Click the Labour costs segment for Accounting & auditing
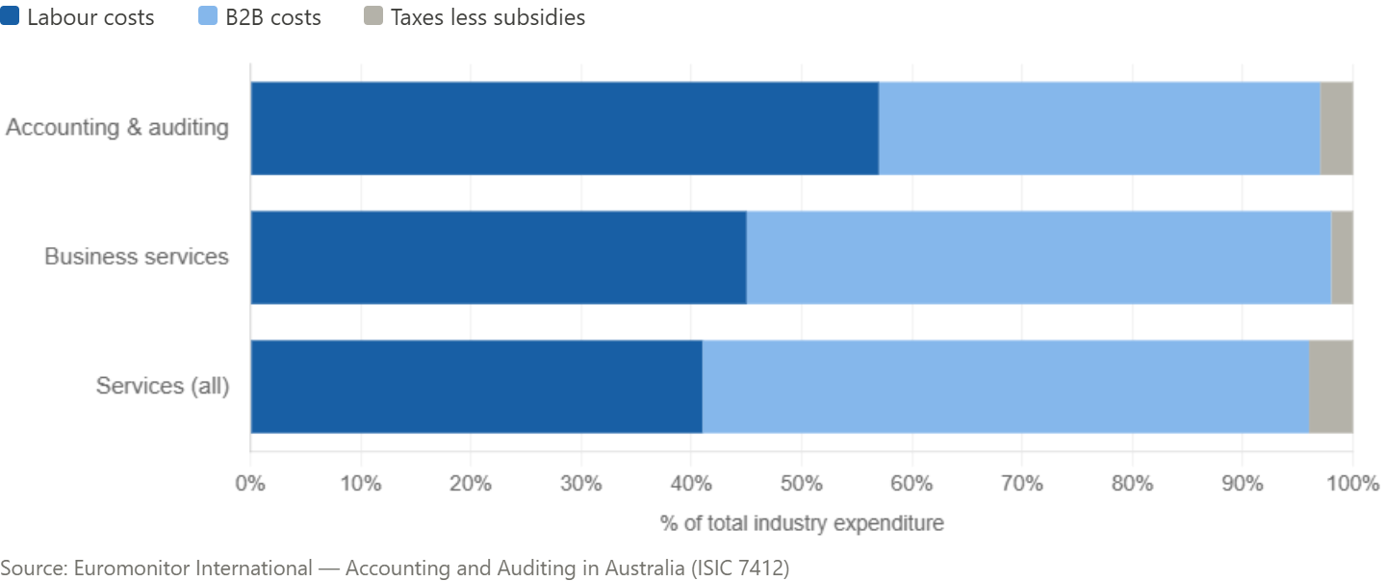coord(564,128)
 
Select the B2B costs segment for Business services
coord(1039,258)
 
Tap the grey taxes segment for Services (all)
coord(1330,387)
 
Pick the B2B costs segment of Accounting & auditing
coord(1099,128)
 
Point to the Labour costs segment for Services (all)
coord(475,387)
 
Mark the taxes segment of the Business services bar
coord(1342,258)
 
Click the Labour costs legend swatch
coord(11,16)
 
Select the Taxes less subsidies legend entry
coord(487,17)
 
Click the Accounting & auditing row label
coord(117,128)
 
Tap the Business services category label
coord(137,257)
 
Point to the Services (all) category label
coord(163,386)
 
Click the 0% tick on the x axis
coord(250,483)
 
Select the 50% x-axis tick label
coord(801,483)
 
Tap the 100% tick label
coord(1352,483)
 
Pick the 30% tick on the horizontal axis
coord(580,483)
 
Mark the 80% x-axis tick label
coord(1132,483)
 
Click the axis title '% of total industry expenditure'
coord(802,524)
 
